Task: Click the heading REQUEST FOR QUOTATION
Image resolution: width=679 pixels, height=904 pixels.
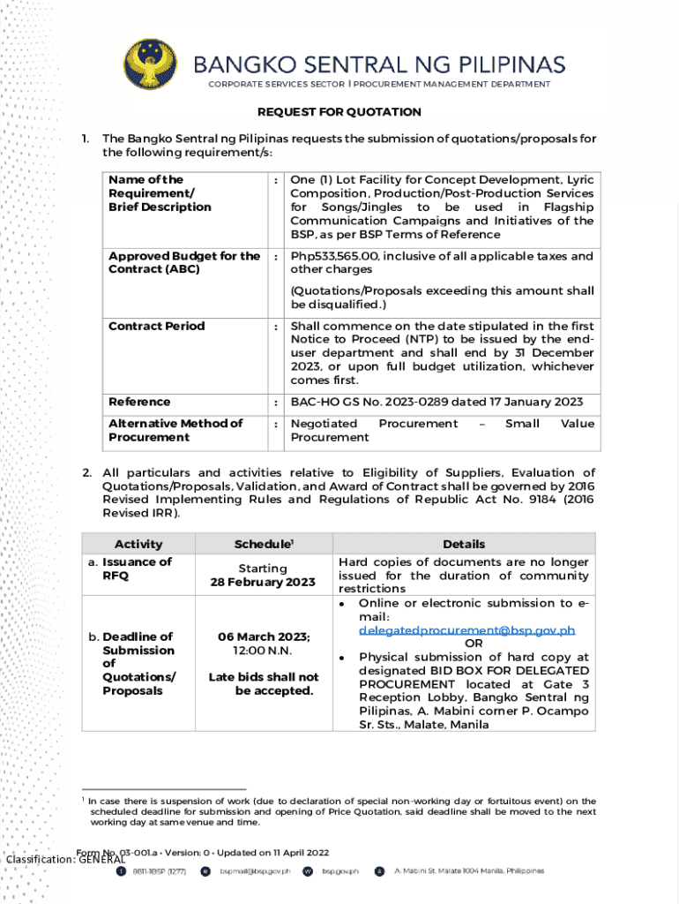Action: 339,112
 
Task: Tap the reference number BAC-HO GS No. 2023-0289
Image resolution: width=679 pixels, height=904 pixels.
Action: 387,402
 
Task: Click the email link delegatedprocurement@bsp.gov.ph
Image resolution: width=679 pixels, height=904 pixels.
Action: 467,630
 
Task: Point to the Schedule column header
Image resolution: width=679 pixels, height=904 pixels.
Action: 262,545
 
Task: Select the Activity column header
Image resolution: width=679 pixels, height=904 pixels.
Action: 138,545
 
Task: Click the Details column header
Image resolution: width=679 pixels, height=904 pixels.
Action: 464,545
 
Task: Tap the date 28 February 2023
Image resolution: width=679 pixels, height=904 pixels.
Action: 262,583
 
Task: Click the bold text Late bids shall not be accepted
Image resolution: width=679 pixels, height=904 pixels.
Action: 263,683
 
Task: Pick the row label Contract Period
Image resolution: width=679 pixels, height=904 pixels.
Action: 156,326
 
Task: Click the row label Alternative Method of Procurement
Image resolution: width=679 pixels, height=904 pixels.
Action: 175,430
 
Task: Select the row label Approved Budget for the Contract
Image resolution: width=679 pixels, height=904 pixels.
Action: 183,262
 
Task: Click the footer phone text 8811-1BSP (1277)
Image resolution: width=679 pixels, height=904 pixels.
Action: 159,871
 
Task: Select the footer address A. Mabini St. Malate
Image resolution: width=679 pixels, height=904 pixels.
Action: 468,871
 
